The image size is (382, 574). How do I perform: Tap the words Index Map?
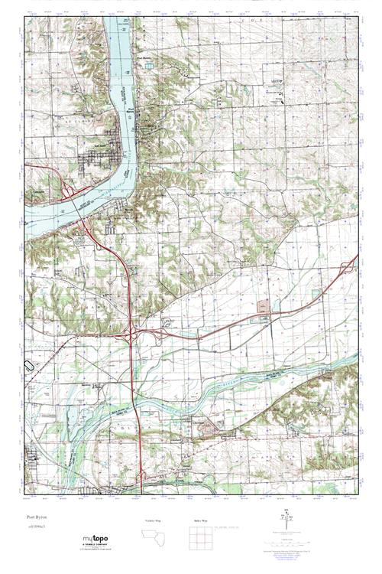tap(202, 520)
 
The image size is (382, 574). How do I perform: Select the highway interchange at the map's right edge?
tap(349, 268)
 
